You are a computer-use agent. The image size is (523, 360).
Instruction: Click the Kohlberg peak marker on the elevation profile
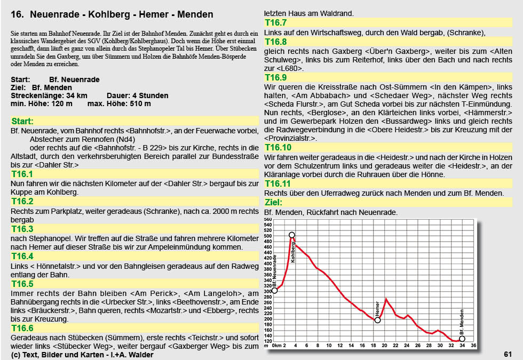click(291, 235)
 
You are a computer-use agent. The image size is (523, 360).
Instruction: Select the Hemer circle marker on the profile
click(378, 320)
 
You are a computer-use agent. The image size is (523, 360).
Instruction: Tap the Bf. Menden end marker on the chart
click(462, 339)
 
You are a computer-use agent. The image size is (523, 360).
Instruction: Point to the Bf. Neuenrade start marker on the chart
click(275, 290)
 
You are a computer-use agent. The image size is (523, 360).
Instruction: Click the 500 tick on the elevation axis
click(268, 236)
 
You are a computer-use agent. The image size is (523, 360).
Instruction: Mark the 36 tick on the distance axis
click(473, 346)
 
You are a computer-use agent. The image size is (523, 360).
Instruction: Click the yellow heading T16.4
click(22, 257)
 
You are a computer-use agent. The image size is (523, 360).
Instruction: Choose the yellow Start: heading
click(22, 122)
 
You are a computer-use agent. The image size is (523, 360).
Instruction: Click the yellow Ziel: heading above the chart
click(274, 203)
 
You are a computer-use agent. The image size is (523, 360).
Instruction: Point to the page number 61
click(508, 354)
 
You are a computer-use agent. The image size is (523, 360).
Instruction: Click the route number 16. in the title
click(17, 14)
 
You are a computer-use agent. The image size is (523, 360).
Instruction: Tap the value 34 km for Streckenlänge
click(76, 95)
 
